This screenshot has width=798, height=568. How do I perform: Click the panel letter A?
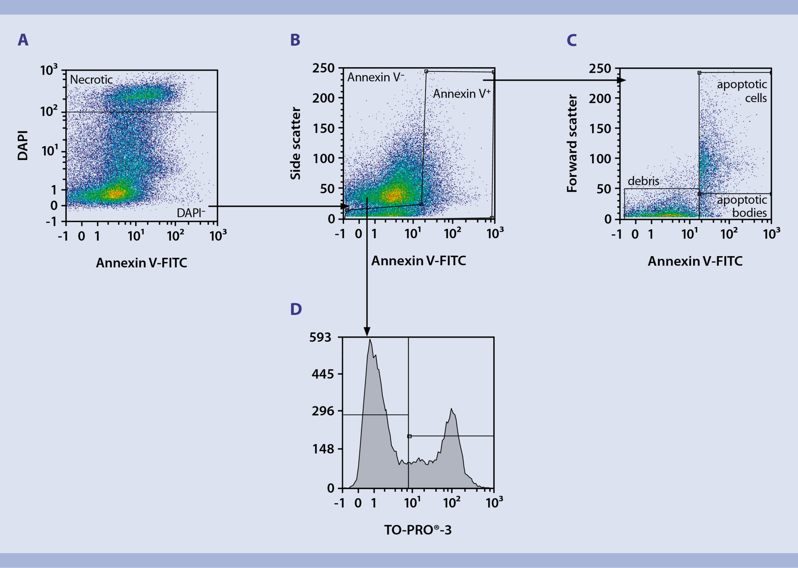click(23, 40)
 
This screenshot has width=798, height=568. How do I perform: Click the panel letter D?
click(296, 309)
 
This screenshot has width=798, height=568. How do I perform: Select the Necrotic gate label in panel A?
click(91, 79)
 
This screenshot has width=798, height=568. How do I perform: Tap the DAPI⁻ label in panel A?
click(191, 213)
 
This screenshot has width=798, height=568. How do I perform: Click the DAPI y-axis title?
click(23, 145)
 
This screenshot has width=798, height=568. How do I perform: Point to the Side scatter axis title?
click(295, 143)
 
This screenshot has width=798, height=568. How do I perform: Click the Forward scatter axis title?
click(572, 143)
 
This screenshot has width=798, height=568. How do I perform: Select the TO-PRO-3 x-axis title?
click(418, 530)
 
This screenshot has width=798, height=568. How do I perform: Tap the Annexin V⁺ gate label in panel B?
click(461, 94)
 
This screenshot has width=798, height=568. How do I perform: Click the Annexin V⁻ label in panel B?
click(375, 77)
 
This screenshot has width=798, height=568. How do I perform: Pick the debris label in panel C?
click(643, 181)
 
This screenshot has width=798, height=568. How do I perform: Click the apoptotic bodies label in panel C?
click(742, 206)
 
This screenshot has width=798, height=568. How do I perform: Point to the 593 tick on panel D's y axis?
click(320, 337)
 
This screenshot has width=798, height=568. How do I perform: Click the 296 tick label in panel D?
click(323, 411)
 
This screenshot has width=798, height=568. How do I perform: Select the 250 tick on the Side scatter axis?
click(323, 68)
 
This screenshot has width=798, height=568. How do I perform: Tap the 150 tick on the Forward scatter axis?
click(600, 129)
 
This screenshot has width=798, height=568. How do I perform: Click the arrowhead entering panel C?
click(621, 80)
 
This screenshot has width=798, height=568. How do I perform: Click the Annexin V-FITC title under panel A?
click(141, 263)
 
